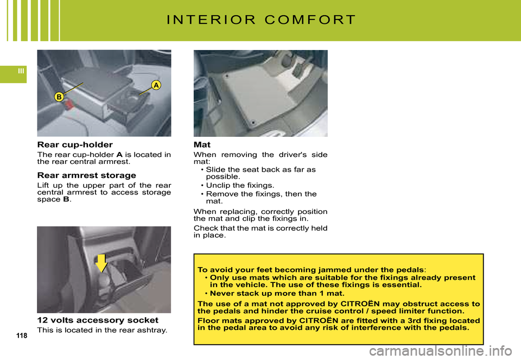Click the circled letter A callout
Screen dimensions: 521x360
click(x=156, y=85)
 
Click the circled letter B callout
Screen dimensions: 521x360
click(x=59, y=97)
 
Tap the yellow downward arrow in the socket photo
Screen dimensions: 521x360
click(x=101, y=263)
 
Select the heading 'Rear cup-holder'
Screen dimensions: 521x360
click(x=75, y=144)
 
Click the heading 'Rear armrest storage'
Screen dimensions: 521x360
click(x=87, y=175)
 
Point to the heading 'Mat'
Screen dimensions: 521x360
click(x=202, y=144)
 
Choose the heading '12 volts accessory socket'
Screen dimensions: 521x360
click(x=98, y=320)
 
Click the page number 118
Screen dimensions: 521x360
click(x=22, y=336)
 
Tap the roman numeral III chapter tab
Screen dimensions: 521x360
click(x=21, y=71)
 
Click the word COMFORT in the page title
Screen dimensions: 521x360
click(x=310, y=20)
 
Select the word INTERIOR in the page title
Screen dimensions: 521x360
click(x=211, y=20)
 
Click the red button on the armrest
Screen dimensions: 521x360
click(x=69, y=104)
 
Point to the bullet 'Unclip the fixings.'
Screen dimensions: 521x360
click(x=237, y=185)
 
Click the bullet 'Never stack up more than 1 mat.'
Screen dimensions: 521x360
click(x=275, y=293)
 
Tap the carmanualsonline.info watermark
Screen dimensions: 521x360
click(x=441, y=351)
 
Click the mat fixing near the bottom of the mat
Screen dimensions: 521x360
click(x=253, y=123)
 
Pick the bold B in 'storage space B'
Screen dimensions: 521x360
click(x=66, y=199)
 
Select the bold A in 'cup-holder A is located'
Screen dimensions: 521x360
click(x=119, y=155)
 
